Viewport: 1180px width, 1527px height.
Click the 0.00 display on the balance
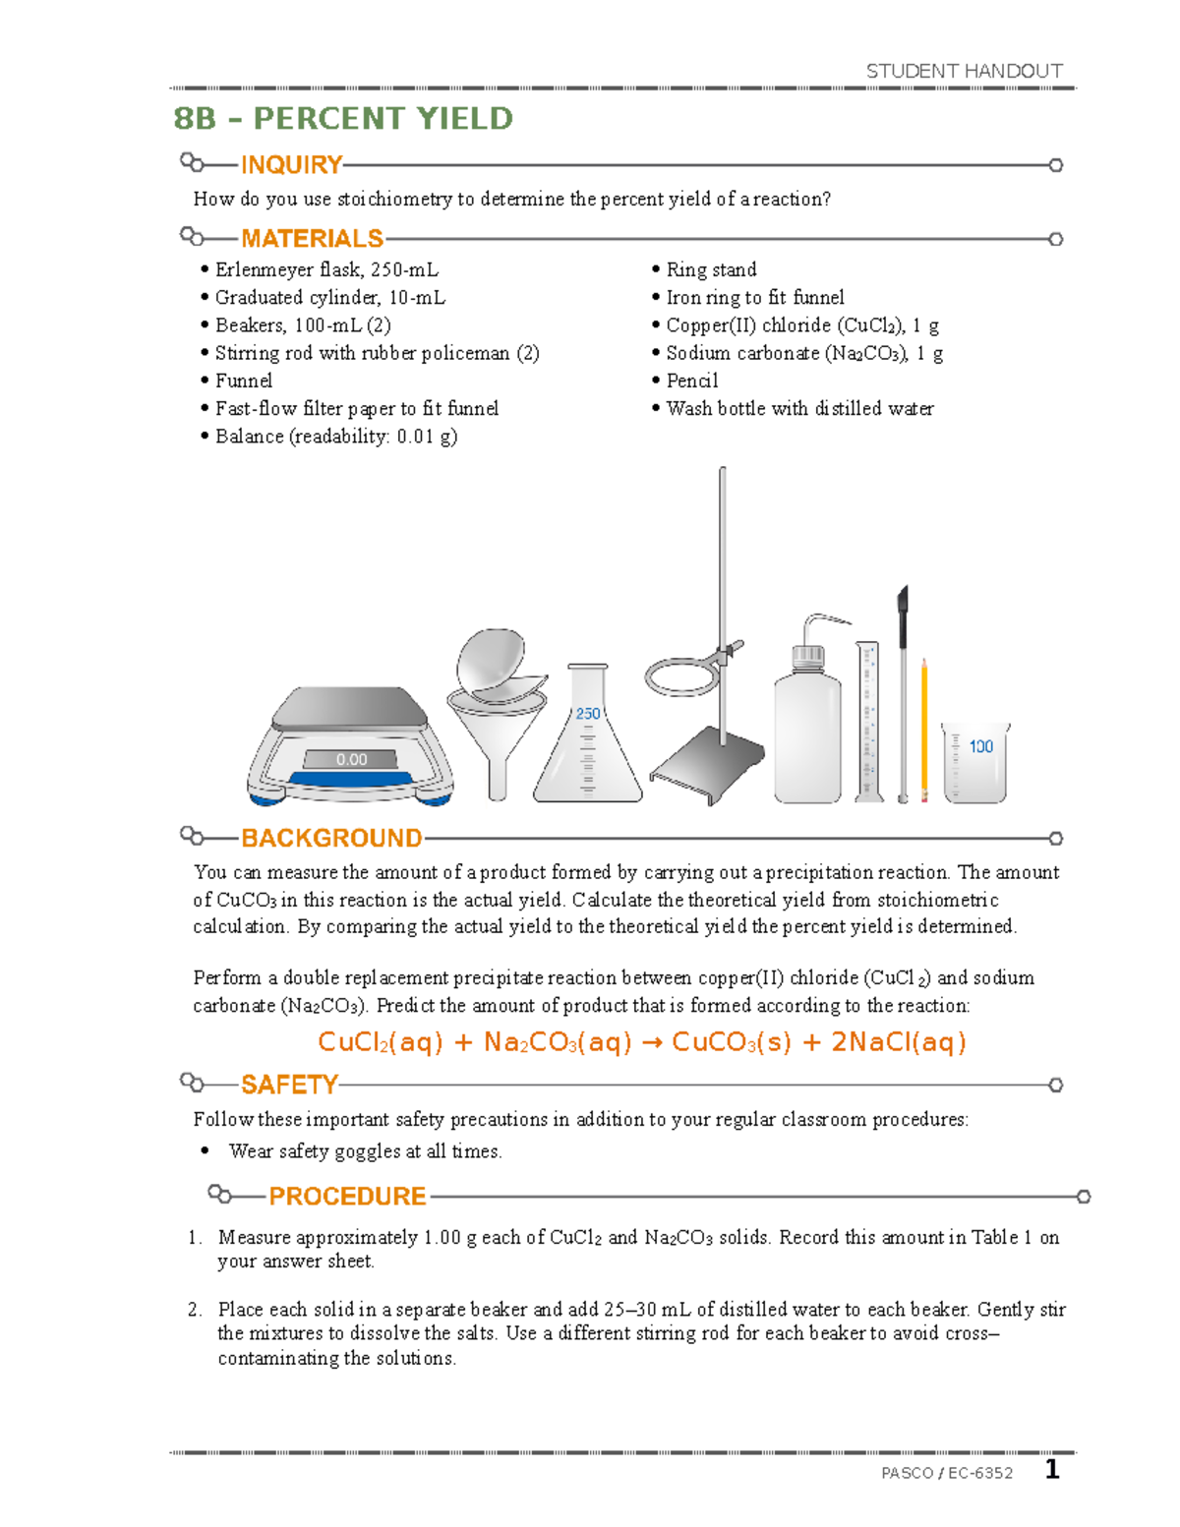(351, 759)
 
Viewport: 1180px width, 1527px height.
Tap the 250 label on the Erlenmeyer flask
(588, 714)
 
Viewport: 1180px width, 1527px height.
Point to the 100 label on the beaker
(980, 746)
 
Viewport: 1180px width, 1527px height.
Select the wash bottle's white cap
(807, 656)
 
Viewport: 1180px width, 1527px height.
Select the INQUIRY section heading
(291, 164)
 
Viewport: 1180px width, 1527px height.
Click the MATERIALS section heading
(312, 239)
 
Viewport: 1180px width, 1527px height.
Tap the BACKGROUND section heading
(331, 838)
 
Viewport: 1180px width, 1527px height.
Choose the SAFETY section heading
(289, 1085)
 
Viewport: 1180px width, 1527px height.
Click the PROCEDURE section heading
(347, 1196)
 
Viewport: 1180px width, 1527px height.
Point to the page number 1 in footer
(1052, 1469)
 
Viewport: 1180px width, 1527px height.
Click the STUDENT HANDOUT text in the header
(964, 71)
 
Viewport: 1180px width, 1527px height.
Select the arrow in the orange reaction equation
(651, 1042)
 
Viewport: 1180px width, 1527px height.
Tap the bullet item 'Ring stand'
(711, 269)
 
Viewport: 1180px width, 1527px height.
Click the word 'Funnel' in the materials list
(244, 381)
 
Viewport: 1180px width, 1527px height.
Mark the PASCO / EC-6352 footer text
(947, 1472)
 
